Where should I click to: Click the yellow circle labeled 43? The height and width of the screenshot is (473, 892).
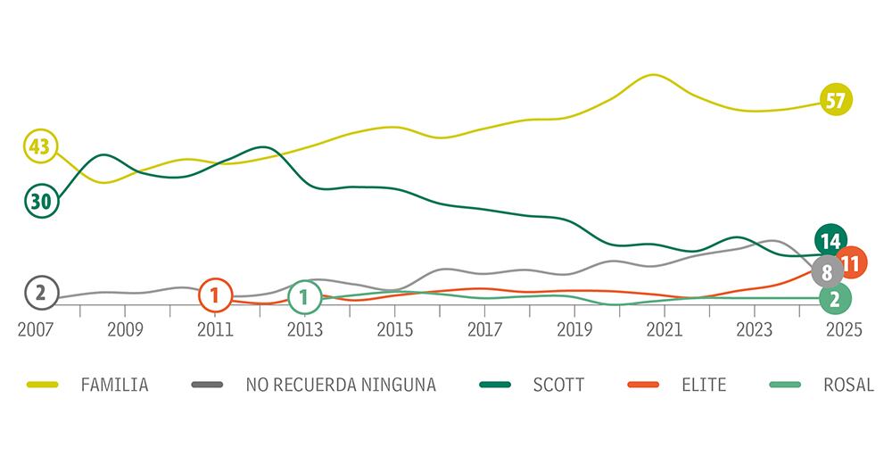tap(39, 146)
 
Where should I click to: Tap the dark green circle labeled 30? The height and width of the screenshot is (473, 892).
tap(40, 201)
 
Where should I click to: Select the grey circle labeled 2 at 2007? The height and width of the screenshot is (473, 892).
tap(40, 292)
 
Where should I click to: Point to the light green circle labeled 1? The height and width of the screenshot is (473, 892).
tap(305, 296)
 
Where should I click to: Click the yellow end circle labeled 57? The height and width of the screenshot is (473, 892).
tap(835, 100)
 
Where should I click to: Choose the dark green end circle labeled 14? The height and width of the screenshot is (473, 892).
tap(830, 240)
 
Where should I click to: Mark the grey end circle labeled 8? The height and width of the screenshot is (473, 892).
tap(827, 271)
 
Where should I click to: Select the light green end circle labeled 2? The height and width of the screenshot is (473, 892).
tap(834, 298)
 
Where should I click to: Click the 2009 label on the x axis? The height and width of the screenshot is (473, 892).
tap(125, 330)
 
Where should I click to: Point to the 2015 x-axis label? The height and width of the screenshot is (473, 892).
tap(394, 330)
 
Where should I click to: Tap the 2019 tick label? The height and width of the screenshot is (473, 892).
tap(574, 330)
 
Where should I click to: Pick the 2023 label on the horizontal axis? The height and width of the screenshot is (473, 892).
tap(754, 330)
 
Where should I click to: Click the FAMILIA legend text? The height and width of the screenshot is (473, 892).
tap(114, 386)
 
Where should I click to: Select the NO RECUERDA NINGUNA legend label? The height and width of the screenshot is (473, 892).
tap(341, 386)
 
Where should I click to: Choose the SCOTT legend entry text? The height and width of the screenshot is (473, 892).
tap(558, 386)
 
